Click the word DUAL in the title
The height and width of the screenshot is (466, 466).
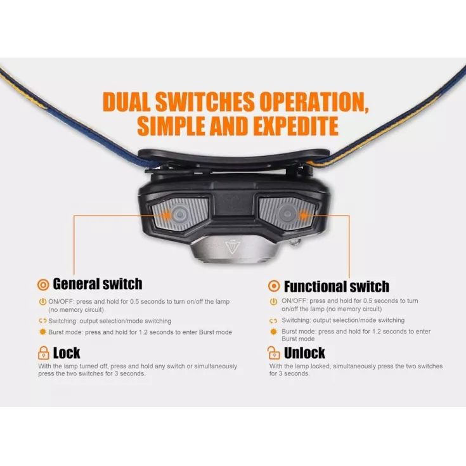pyautogui.click(x=127, y=102)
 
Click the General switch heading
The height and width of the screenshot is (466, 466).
pyautogui.click(x=98, y=284)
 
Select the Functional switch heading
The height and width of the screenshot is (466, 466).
pyautogui.click(x=337, y=287)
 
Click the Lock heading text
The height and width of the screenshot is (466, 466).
pyautogui.click(x=67, y=353)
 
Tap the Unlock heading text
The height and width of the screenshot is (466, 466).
pyautogui.click(x=304, y=353)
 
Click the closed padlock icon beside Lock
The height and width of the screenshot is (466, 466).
pyautogui.click(x=43, y=353)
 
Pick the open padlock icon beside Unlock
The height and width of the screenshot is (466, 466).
pyautogui.click(x=273, y=353)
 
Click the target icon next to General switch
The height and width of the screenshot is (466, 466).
pyautogui.click(x=43, y=285)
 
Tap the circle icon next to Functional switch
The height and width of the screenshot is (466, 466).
pyautogui.click(x=274, y=286)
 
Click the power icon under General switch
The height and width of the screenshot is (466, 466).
pyautogui.click(x=43, y=302)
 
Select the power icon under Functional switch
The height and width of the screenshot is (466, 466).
pyautogui.click(x=273, y=302)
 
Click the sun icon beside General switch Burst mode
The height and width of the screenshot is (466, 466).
pyautogui.click(x=43, y=332)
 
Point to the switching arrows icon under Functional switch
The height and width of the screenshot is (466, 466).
pyautogui.click(x=273, y=321)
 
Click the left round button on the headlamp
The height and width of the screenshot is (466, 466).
pyautogui.click(x=179, y=214)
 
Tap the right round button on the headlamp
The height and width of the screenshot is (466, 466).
pyautogui.click(x=287, y=214)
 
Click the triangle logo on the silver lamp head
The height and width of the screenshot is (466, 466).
pyautogui.click(x=232, y=247)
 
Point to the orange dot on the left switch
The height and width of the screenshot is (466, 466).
pyautogui.click(x=167, y=215)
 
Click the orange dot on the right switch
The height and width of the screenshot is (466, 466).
pyautogui.click(x=303, y=215)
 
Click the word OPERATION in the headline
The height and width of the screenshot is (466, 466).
pyautogui.click(x=314, y=102)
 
